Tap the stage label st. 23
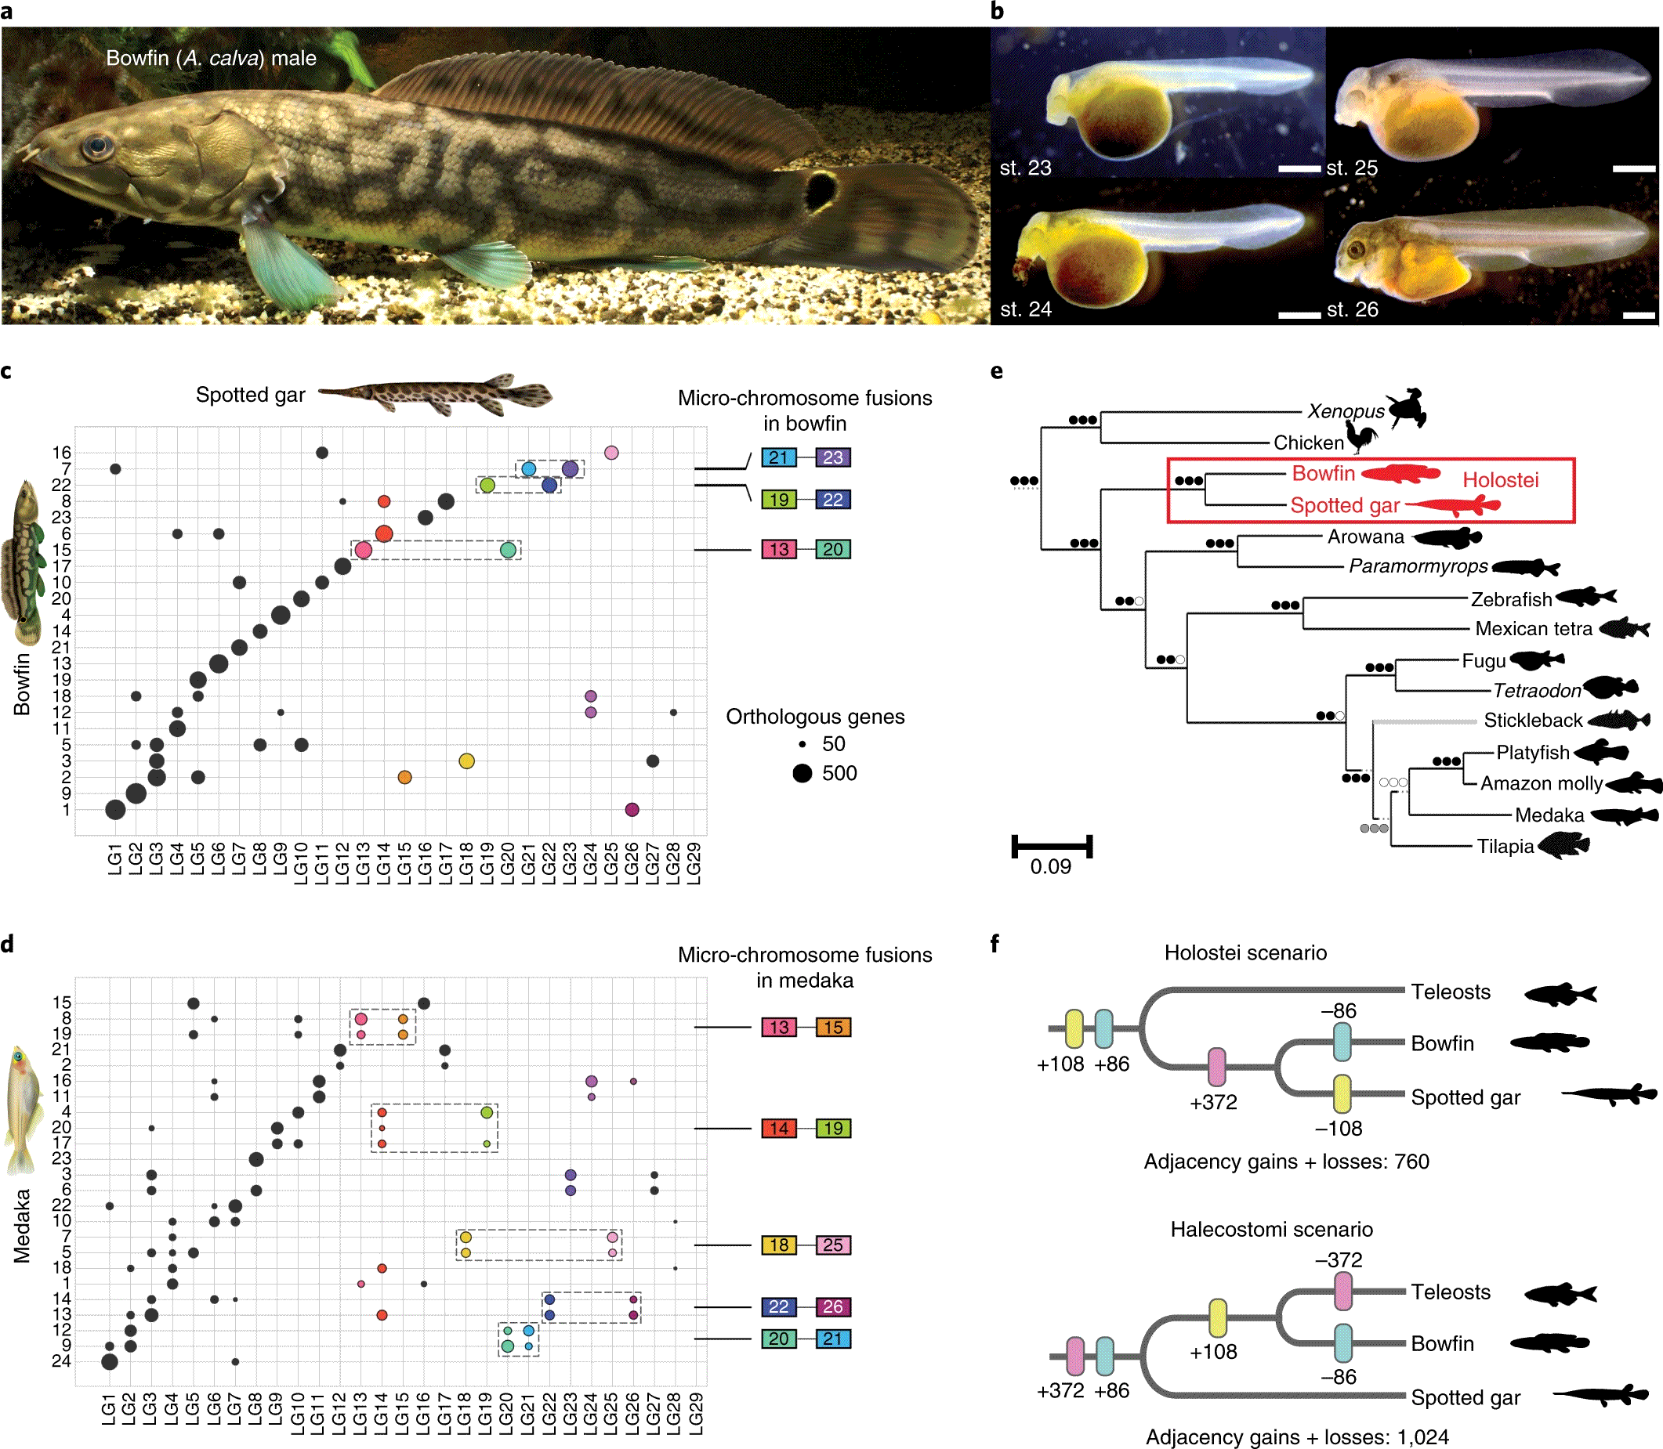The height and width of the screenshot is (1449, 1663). coord(1025,168)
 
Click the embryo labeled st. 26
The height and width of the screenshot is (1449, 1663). coord(1488,258)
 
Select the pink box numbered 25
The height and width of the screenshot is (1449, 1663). coord(832,1245)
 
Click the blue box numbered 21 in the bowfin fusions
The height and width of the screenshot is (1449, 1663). coord(778,457)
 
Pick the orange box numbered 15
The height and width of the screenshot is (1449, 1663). coord(832,1027)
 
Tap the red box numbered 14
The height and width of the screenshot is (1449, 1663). coord(778,1128)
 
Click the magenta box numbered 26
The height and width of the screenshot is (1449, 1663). coord(832,1306)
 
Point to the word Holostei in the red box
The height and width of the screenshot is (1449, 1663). coord(1500,480)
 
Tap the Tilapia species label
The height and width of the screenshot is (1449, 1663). coord(1505,847)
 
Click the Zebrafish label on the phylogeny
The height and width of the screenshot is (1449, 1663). coord(1511,599)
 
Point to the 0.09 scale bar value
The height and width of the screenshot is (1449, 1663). coord(1050,867)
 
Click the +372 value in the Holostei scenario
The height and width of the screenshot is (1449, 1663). coord(1212,1102)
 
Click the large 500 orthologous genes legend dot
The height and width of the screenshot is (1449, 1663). coord(802,773)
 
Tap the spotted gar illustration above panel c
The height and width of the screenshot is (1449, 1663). coord(437,395)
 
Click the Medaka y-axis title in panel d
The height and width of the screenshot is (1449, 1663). coord(22,1225)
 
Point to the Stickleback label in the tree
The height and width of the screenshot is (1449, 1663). coord(1532,721)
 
